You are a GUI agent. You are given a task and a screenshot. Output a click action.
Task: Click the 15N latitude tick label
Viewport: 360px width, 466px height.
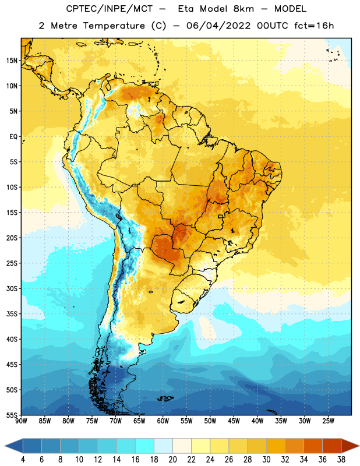12,61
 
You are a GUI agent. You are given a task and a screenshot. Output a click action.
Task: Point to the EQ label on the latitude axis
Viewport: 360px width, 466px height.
13,137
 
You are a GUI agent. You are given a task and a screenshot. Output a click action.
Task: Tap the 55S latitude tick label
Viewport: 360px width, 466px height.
12,415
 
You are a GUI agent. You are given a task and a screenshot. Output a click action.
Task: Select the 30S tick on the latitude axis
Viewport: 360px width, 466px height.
12,288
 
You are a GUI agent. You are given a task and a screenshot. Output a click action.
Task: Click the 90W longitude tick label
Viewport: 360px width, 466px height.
21,421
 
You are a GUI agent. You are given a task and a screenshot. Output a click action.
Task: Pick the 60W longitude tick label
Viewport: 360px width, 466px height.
163,421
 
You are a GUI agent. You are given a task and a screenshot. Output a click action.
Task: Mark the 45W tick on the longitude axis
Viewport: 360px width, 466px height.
234,421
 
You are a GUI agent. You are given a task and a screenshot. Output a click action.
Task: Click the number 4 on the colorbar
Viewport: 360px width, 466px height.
23,460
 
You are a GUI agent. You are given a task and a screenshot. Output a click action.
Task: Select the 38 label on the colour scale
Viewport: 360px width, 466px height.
341,460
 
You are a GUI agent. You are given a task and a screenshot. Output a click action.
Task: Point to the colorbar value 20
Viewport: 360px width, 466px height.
172,460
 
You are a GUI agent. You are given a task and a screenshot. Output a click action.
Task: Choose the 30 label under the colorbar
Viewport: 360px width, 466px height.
266,460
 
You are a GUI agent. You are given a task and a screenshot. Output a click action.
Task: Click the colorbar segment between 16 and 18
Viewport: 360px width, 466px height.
145,446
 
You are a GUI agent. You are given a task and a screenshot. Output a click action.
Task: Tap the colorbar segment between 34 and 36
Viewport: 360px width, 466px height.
313,446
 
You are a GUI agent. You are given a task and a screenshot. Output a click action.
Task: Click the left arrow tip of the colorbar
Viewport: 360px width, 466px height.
5,446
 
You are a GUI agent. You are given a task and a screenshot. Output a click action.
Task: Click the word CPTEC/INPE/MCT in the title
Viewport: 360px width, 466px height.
109,9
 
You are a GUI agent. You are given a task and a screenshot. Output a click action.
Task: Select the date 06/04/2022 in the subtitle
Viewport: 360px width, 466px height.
218,26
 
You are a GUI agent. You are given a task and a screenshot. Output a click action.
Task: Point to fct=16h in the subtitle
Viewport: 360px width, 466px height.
314,26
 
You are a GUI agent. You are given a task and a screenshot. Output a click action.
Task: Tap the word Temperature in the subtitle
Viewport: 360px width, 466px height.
114,26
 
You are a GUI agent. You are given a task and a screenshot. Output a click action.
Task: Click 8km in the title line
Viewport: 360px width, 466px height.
243,9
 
